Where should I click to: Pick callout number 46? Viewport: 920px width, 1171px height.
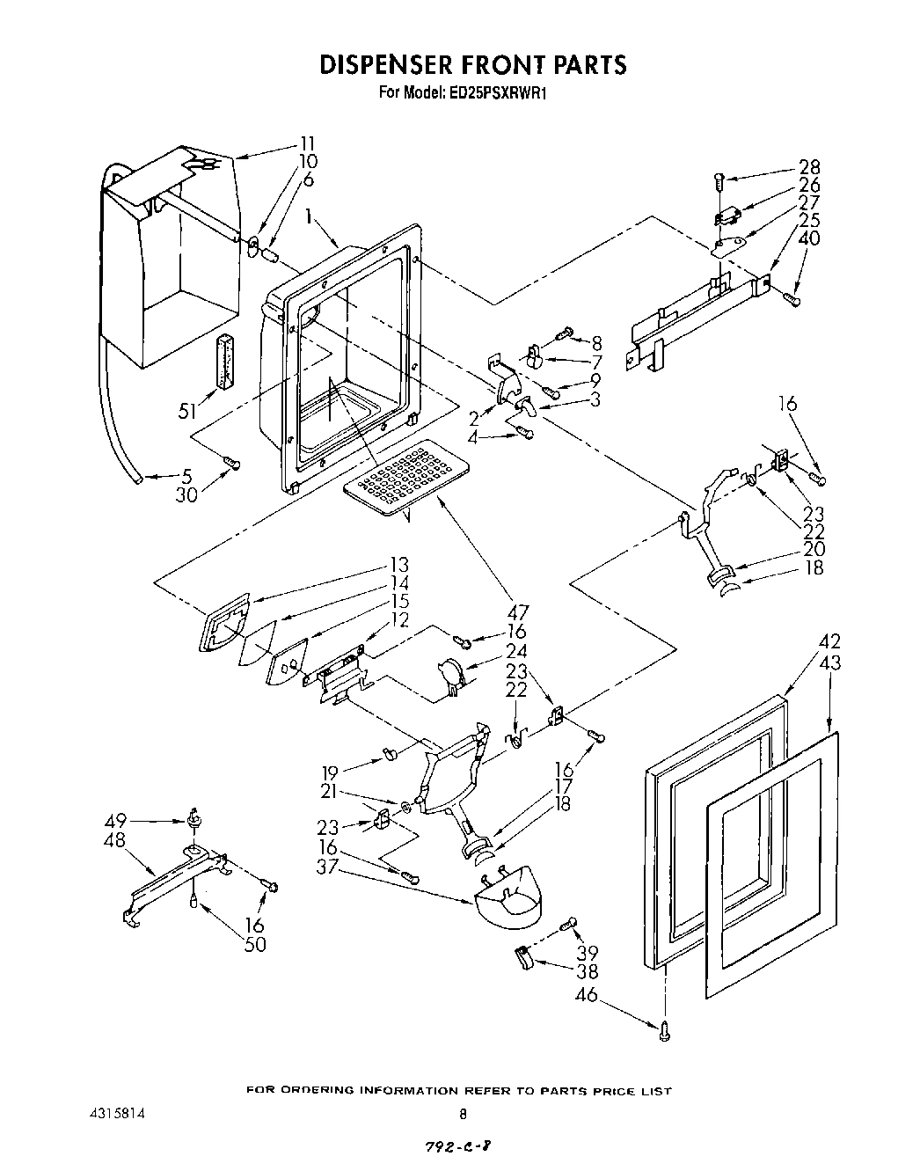pos(586,994)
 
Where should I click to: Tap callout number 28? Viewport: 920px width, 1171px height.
pos(809,167)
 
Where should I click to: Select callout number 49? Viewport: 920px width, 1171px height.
pos(115,821)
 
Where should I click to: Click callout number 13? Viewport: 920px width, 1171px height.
pos(399,564)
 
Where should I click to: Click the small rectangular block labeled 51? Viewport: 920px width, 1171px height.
pos(225,360)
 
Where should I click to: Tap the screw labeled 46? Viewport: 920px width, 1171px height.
pos(665,1026)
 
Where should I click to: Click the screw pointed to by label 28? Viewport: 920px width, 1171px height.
pos(717,181)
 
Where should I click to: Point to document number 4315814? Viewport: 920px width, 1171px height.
pos(110,1112)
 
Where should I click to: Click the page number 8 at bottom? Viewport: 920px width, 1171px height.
pos(463,1112)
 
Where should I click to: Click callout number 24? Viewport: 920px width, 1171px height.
pos(516,652)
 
